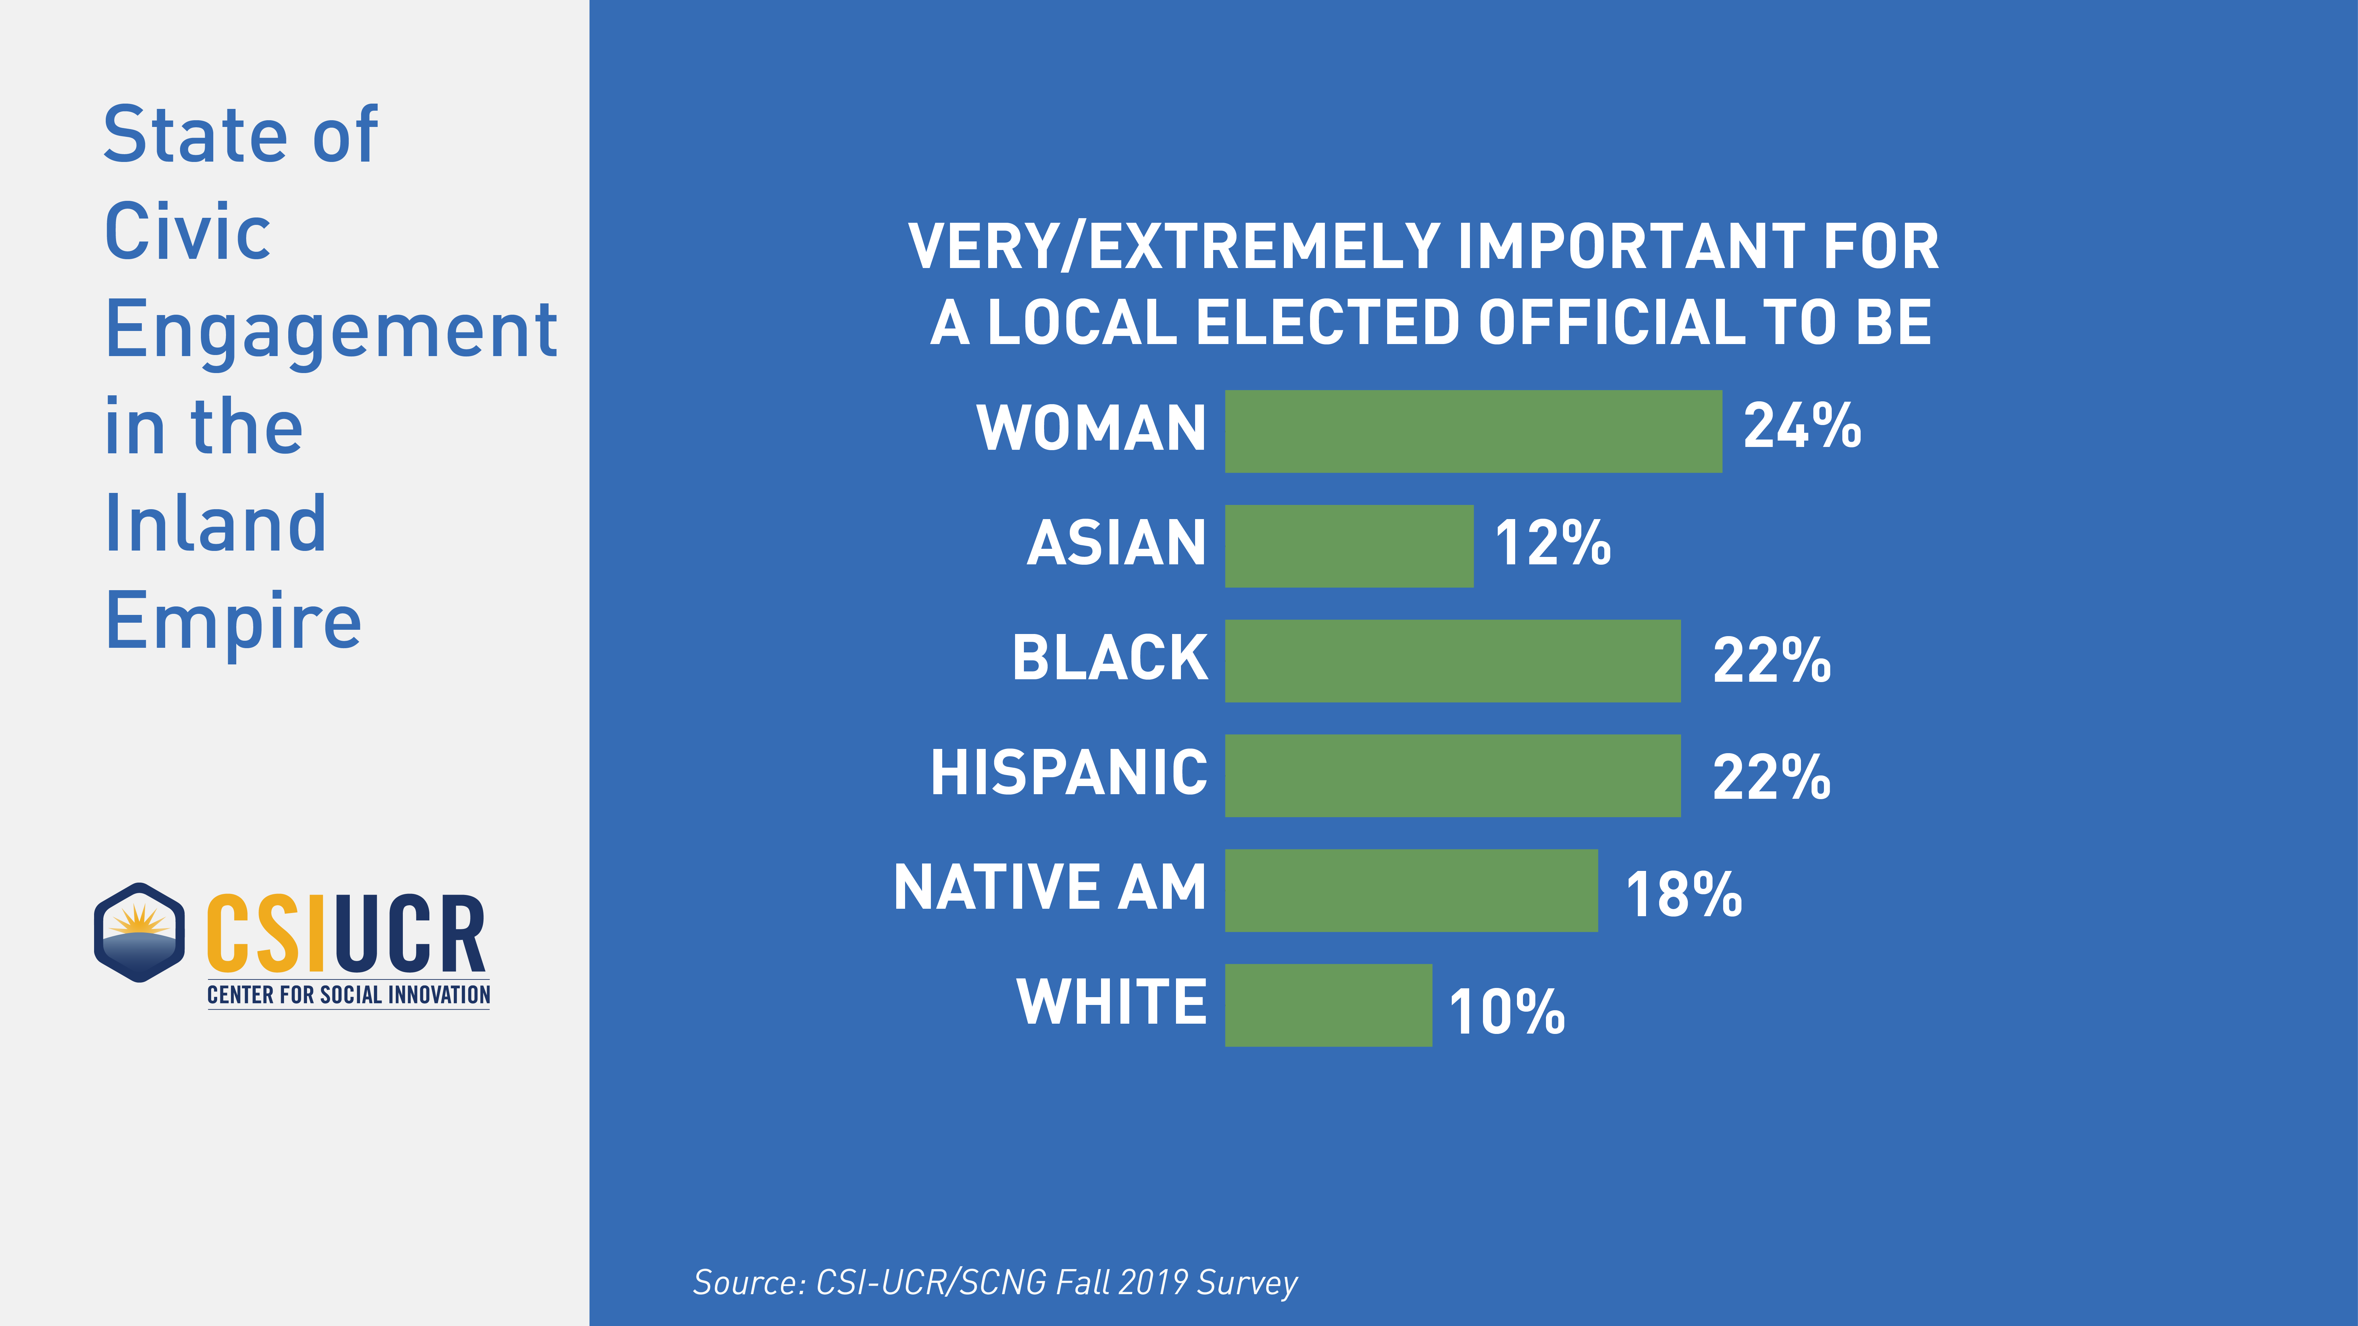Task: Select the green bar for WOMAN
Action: tap(1473, 431)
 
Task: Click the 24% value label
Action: tap(1801, 426)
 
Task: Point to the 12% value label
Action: tap(1552, 543)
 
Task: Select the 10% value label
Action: tap(1507, 1011)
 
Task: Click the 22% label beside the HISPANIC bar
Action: tap(1771, 778)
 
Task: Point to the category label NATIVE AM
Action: tap(1050, 888)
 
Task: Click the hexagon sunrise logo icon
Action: tap(139, 932)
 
